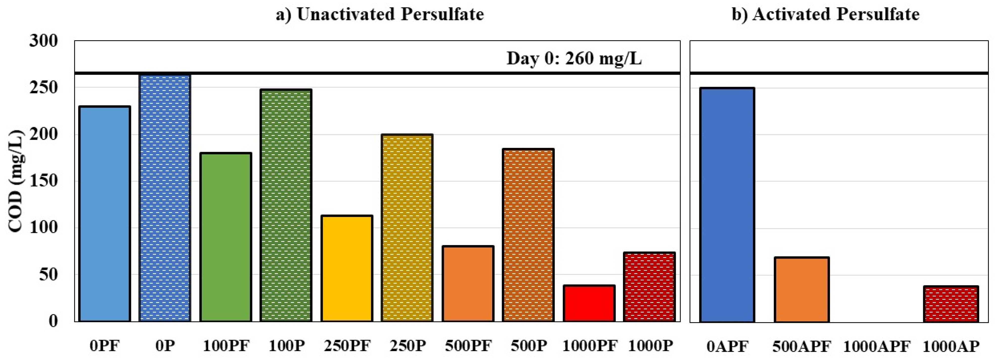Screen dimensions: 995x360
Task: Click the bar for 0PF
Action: coord(105,214)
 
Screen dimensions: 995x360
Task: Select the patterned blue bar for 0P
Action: coord(165,198)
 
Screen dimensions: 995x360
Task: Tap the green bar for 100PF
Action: coord(225,237)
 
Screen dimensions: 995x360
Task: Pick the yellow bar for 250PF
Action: coord(347,269)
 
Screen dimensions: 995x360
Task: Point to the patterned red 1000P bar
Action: coord(649,287)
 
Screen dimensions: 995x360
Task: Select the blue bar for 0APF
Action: coord(727,205)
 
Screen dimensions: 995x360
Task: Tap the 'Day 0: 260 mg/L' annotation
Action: coord(574,59)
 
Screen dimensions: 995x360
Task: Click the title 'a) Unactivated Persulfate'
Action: coord(380,14)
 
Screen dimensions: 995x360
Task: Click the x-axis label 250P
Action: coord(407,346)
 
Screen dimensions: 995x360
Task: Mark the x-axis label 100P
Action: coord(287,346)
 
